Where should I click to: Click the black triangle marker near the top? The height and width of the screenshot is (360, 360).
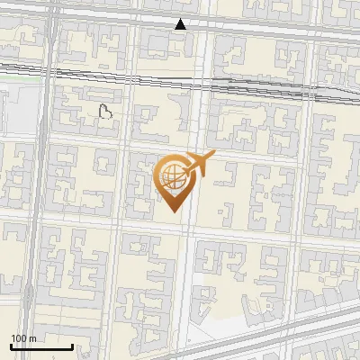(181, 24)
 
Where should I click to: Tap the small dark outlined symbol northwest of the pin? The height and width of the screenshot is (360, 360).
(106, 112)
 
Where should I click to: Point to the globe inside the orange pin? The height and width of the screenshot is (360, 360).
(171, 175)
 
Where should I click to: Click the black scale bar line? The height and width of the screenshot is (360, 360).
(41, 347)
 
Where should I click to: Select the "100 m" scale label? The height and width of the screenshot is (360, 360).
(23, 338)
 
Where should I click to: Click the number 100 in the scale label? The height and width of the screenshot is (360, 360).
(19, 338)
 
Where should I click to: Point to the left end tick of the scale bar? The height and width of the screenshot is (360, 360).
(11, 346)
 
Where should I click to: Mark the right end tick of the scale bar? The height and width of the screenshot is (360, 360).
(72, 346)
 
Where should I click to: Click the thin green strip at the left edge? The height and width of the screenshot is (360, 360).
(18, 79)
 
